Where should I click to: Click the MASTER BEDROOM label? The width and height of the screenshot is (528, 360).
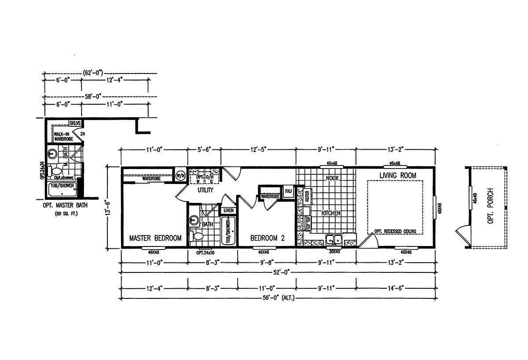(x=155, y=238)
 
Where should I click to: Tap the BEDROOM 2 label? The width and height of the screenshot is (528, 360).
(x=267, y=238)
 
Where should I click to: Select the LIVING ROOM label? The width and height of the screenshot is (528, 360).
(x=398, y=176)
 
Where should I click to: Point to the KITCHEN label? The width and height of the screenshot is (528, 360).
(x=331, y=213)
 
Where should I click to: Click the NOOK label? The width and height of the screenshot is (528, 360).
(x=331, y=179)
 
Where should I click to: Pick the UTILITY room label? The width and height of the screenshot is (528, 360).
(x=205, y=190)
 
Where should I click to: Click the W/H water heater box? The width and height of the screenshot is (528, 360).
(x=180, y=175)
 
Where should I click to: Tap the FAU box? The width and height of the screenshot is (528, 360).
(x=289, y=191)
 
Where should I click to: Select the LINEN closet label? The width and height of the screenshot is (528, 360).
(x=228, y=211)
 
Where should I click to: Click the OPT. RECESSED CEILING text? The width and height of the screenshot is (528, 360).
(x=395, y=231)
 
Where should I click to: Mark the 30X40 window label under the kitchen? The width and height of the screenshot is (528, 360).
(x=334, y=252)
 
